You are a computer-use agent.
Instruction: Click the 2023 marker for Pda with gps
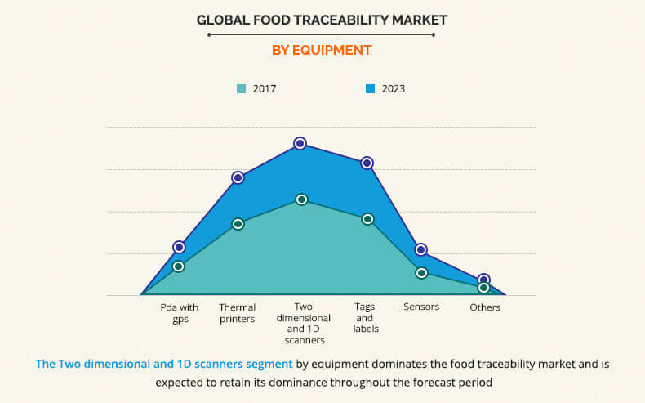[x=179, y=247]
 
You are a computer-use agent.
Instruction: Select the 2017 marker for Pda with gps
[x=179, y=266]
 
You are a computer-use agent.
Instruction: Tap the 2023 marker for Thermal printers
[x=238, y=177]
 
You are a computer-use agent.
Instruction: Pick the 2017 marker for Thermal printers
[x=238, y=224]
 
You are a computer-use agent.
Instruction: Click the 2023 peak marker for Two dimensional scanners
[x=300, y=143]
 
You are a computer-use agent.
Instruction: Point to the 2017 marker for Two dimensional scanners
[x=301, y=199]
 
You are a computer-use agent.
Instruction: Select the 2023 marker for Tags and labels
[x=367, y=163]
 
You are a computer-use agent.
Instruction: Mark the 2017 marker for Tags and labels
[x=367, y=219]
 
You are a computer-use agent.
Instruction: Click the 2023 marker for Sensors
[x=420, y=249]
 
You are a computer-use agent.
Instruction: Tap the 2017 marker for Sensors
[x=421, y=273]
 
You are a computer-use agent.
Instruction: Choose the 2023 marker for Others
[x=483, y=280]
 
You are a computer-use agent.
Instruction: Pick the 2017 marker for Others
[x=483, y=288]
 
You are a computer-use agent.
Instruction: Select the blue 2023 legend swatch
[x=371, y=88]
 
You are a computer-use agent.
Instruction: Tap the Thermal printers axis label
[x=237, y=313]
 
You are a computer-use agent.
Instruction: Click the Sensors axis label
[x=421, y=307]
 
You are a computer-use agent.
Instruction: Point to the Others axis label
[x=485, y=307]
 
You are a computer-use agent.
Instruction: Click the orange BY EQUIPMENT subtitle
[x=321, y=50]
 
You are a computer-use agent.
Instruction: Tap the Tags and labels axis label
[x=365, y=317]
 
